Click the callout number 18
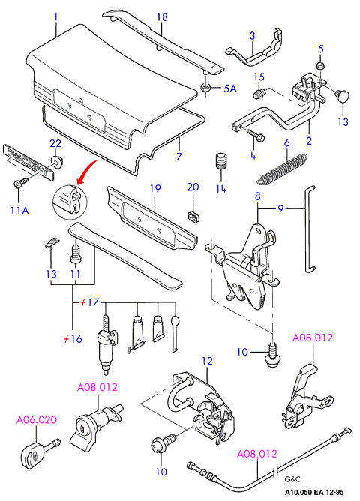tap(162, 16)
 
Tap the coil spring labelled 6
tap(283, 169)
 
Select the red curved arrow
tap(87, 172)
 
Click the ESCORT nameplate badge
tap(28, 162)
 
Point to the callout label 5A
tap(230, 88)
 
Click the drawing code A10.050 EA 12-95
tap(314, 493)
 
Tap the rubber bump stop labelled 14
tap(221, 162)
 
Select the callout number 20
tap(193, 187)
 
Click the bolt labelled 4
tap(255, 134)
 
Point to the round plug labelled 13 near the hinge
tap(342, 96)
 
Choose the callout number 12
tap(207, 361)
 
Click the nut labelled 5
tap(319, 66)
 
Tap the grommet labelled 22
tap(56, 161)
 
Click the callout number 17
tap(93, 302)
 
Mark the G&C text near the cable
tap(292, 479)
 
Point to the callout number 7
tap(179, 156)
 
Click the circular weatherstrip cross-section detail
tap(70, 202)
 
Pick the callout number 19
tap(155, 188)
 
